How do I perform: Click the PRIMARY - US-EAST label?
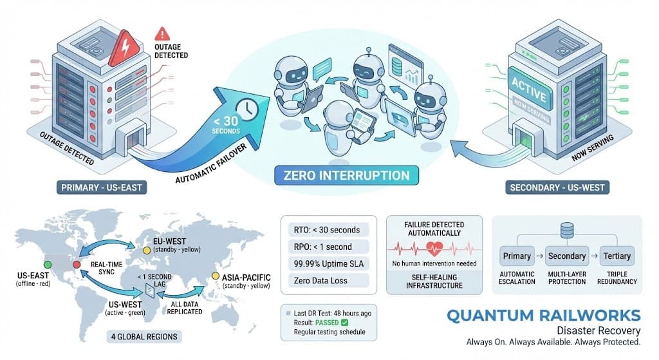point(100,187)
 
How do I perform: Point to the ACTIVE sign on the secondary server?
point(528,88)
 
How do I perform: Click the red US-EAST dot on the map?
point(77,265)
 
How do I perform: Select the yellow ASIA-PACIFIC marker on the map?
point(216,278)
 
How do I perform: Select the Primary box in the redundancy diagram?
point(517,256)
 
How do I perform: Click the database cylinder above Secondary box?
point(566,231)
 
